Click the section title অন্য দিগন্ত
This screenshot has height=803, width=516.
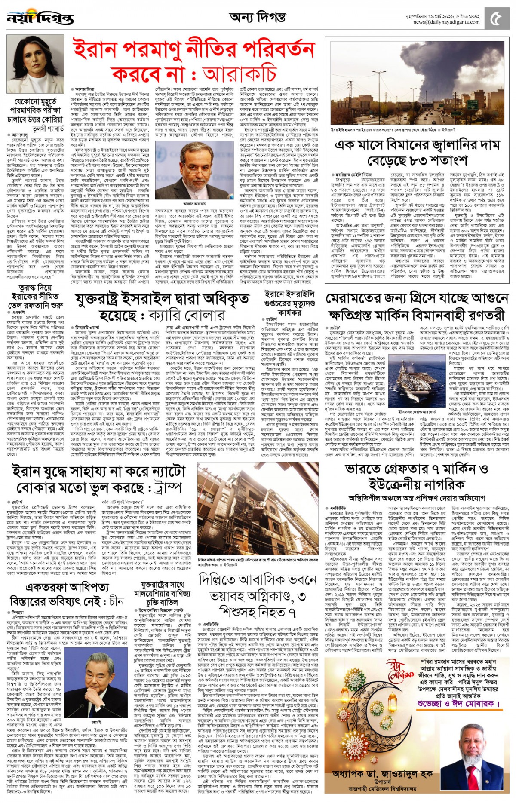[257, 17]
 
